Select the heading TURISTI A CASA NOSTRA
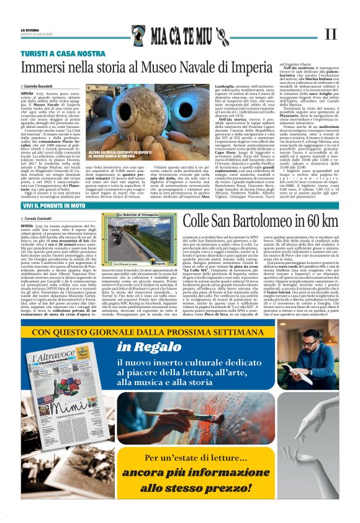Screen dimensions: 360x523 63,53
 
